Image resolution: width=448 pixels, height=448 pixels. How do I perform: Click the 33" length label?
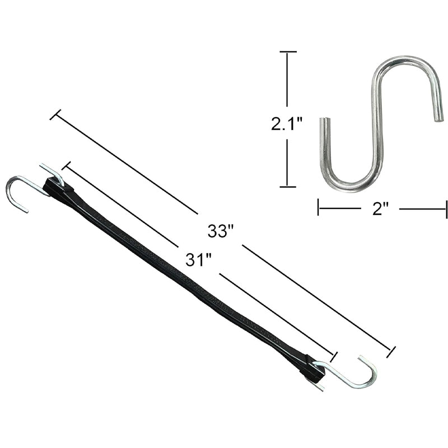tap(220, 230)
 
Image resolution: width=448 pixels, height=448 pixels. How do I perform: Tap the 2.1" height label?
tap(287, 123)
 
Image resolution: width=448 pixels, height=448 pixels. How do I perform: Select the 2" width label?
tap(380, 209)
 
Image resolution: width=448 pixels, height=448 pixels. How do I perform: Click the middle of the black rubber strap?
tap(185, 277)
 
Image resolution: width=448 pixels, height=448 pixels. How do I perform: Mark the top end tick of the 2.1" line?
tap(288, 52)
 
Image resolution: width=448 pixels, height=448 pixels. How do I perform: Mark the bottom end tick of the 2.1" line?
tap(288, 186)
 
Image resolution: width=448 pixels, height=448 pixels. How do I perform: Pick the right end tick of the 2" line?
tap(446, 209)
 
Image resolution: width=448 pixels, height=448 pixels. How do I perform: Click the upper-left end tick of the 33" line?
tap(55, 115)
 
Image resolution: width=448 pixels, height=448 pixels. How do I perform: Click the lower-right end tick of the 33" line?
tap(391, 352)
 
